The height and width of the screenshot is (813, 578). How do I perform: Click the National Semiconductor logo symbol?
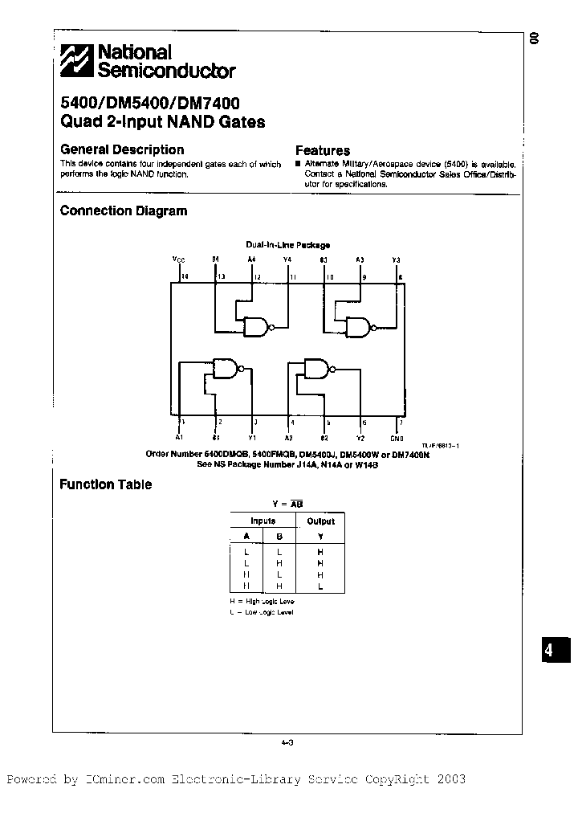click(78, 61)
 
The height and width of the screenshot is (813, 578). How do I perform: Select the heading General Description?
click(122, 149)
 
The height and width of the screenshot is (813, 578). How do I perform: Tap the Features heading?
click(323, 150)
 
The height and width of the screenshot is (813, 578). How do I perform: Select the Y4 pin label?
click(287, 259)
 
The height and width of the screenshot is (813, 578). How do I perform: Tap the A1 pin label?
click(179, 438)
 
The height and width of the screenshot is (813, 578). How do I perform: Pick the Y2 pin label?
click(361, 438)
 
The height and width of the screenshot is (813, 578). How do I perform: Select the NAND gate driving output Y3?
click(358, 326)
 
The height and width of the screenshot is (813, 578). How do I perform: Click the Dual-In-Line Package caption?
click(287, 245)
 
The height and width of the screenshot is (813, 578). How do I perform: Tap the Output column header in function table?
click(321, 521)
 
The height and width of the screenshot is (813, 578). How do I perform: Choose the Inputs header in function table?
click(263, 521)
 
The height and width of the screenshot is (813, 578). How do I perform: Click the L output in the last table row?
click(320, 586)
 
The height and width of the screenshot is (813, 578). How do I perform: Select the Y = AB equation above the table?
click(287, 503)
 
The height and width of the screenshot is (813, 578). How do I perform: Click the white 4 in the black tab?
click(549, 651)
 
